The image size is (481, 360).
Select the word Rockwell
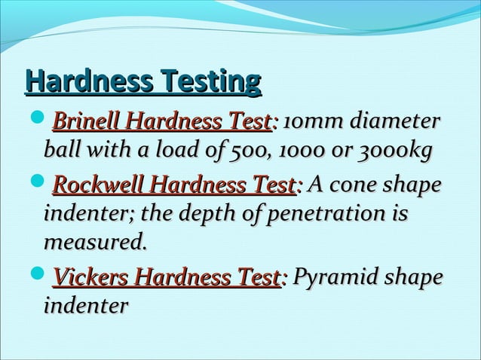pyautogui.click(x=99, y=185)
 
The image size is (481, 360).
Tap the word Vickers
pyautogui.click(x=89, y=279)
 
